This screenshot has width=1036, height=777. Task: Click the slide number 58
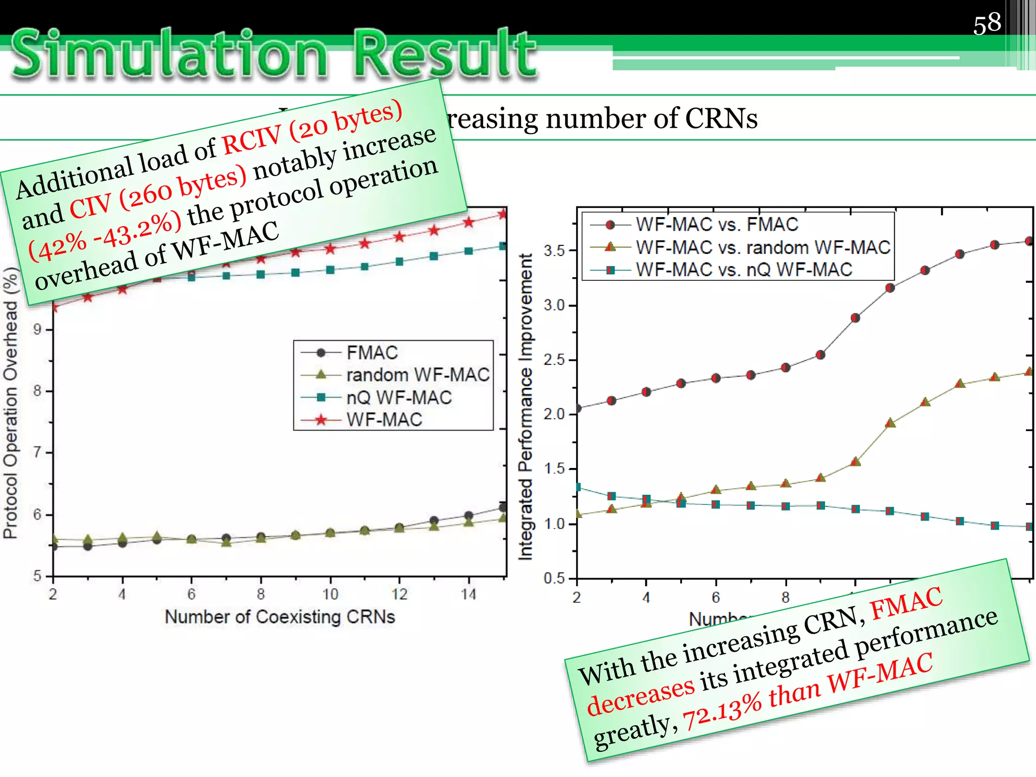click(986, 23)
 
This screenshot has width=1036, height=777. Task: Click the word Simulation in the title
click(169, 55)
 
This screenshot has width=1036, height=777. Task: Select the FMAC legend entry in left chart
click(372, 353)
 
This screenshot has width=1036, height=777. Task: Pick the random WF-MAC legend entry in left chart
click(417, 375)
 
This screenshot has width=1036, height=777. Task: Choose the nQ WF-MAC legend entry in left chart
click(399, 398)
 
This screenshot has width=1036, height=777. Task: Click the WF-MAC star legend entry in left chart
click(384, 420)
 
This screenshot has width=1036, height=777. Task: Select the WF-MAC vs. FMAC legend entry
click(716, 224)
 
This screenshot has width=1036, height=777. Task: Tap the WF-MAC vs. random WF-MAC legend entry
click(762, 247)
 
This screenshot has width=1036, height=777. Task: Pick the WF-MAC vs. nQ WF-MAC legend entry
click(744, 270)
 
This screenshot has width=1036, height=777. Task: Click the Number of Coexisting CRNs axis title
click(280, 617)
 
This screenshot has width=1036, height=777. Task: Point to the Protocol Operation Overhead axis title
click(11, 405)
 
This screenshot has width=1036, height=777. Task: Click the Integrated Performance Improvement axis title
click(526, 407)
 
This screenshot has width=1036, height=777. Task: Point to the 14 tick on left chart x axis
click(468, 594)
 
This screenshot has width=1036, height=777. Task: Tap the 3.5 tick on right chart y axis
click(553, 250)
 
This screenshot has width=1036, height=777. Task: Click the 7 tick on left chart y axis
click(37, 452)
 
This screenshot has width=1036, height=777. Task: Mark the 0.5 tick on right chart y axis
click(553, 578)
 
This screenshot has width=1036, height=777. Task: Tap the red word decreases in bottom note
click(640, 697)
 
